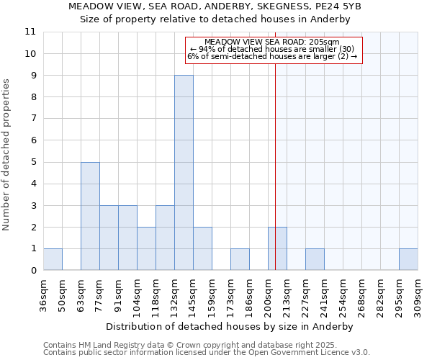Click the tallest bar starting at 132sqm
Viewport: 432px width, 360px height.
coord(184,173)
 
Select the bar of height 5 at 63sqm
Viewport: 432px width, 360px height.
coord(90,216)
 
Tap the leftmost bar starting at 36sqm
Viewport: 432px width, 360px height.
coord(53,259)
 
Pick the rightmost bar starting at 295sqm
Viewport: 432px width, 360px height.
coord(408,259)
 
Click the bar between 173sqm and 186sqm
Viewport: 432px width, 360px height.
coord(240,259)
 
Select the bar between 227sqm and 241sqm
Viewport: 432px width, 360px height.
coord(315,259)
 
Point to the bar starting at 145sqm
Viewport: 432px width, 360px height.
coord(202,248)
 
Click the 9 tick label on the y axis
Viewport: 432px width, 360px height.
coord(32,76)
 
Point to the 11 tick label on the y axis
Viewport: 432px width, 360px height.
coord(30,32)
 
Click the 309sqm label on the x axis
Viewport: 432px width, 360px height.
coord(418,294)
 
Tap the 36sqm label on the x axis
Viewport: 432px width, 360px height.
coord(43,294)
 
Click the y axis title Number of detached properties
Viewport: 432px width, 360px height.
coord(7,156)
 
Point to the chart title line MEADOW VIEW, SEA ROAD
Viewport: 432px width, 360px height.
coord(215,6)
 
